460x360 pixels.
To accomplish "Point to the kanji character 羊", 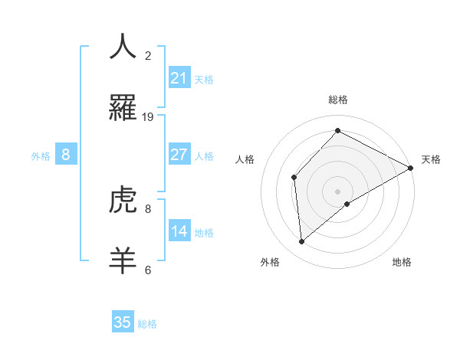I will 123,260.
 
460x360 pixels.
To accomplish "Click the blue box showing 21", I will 179,78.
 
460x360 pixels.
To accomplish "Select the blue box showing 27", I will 179,155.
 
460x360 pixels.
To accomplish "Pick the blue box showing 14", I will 179,231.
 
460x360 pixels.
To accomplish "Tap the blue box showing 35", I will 123,322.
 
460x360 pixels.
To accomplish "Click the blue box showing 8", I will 66,155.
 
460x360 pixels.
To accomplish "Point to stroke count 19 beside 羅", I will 148,116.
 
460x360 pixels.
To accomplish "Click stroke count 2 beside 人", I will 148,55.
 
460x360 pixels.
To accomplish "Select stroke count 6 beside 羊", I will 148,270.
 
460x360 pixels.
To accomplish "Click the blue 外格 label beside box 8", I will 41,155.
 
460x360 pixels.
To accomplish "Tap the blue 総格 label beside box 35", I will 147,323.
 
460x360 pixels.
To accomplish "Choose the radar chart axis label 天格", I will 431,159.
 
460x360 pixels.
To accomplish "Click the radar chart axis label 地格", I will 402,262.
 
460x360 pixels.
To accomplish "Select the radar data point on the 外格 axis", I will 302,242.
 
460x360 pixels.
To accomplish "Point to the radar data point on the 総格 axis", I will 337,131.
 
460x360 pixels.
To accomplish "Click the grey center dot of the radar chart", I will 337,191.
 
